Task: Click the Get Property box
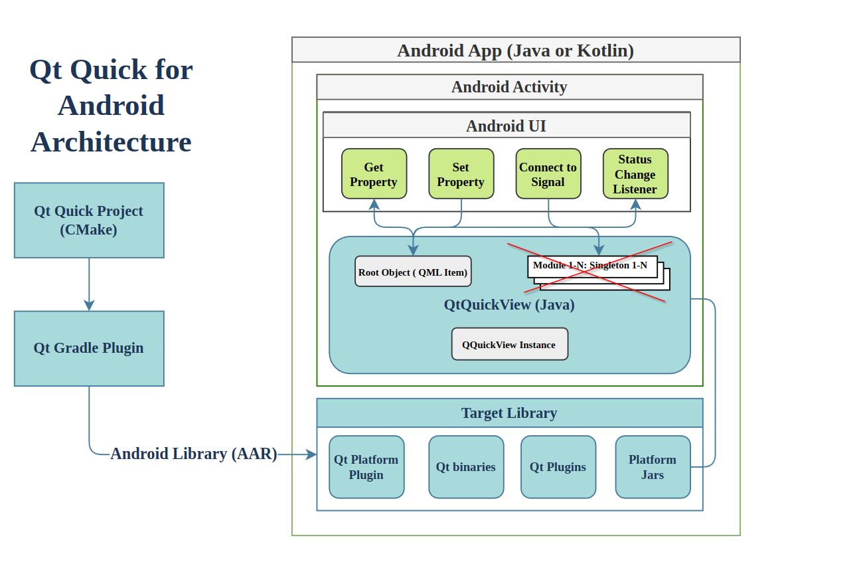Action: point(374,174)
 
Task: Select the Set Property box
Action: point(461,174)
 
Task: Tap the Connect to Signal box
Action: point(548,174)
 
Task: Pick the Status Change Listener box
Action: point(635,174)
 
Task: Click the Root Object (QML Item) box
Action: point(413,272)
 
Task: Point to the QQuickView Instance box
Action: point(510,344)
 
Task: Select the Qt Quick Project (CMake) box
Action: point(89,220)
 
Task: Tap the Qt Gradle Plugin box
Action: point(89,349)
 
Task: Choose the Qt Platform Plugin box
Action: point(366,467)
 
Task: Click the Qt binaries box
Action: point(466,467)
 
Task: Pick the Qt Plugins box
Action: point(558,467)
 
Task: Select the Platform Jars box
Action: point(653,467)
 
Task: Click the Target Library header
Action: point(510,413)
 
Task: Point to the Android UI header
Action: point(507,126)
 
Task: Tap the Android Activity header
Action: point(510,87)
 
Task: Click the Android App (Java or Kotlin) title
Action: point(516,50)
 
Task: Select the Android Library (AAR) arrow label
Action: point(194,454)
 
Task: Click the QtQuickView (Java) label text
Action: point(509,305)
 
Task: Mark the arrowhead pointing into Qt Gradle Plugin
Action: point(89,305)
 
